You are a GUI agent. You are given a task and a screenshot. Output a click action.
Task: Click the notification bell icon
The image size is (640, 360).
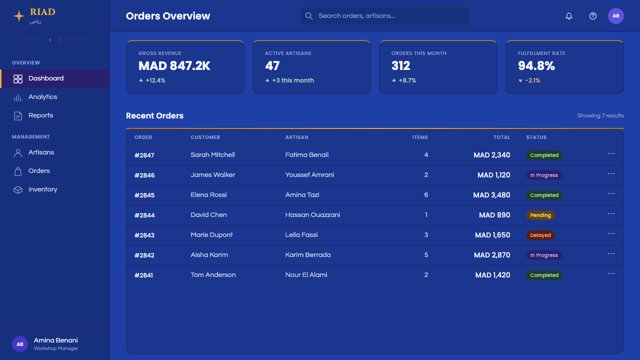[569, 16]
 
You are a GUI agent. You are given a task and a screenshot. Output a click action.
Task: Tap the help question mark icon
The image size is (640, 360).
[593, 16]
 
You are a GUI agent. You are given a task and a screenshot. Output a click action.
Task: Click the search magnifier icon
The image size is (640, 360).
[309, 16]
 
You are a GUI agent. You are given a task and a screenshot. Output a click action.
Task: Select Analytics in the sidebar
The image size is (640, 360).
[42, 97]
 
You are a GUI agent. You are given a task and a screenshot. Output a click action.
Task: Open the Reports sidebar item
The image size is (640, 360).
[40, 115]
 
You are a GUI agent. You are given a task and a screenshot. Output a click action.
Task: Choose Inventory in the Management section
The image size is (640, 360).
[42, 189]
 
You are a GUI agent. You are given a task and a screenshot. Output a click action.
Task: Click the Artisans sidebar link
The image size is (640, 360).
[41, 152]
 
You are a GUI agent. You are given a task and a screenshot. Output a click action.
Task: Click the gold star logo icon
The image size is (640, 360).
[19, 16]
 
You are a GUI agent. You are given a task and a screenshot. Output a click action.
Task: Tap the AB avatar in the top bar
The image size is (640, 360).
[615, 16]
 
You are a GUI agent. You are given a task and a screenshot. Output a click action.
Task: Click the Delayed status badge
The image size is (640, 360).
[540, 235]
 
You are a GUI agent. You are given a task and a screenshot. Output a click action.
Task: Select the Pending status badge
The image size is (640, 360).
[540, 215]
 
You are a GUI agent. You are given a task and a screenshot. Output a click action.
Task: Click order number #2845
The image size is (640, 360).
[144, 195]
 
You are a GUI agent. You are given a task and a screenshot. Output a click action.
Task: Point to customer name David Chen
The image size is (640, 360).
[208, 215]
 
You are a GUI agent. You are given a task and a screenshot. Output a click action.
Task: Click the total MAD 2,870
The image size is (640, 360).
[492, 255]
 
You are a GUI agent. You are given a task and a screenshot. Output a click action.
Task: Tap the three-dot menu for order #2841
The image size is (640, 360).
[611, 273]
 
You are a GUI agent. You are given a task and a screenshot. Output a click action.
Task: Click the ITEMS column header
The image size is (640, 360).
[420, 137]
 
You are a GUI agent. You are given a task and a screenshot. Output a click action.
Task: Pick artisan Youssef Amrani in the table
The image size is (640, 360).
[309, 175]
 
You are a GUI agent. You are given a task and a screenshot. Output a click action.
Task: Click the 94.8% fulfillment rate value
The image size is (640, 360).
[536, 66]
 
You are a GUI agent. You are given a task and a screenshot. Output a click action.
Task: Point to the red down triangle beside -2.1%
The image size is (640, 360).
[520, 81]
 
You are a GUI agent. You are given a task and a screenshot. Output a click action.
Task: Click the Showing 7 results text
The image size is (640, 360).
[600, 115]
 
